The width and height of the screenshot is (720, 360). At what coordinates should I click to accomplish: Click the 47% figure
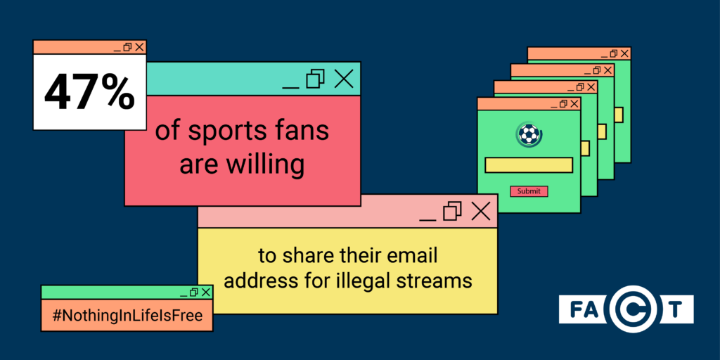[89, 94]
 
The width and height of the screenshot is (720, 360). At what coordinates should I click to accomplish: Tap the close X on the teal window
[343, 79]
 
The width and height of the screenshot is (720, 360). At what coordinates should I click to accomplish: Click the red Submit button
[529, 191]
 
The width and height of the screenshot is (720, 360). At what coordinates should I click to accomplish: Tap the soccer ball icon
[529, 134]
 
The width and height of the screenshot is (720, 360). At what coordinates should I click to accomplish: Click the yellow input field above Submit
[529, 165]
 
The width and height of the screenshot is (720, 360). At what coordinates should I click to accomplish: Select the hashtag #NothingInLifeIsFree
[127, 316]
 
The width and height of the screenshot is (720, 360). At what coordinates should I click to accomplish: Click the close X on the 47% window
[139, 47]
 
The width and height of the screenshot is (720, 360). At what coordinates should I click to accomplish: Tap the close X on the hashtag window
[206, 292]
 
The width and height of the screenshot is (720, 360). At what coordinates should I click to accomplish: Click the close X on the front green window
[574, 103]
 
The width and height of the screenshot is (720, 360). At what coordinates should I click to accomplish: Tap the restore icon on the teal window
[316, 79]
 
